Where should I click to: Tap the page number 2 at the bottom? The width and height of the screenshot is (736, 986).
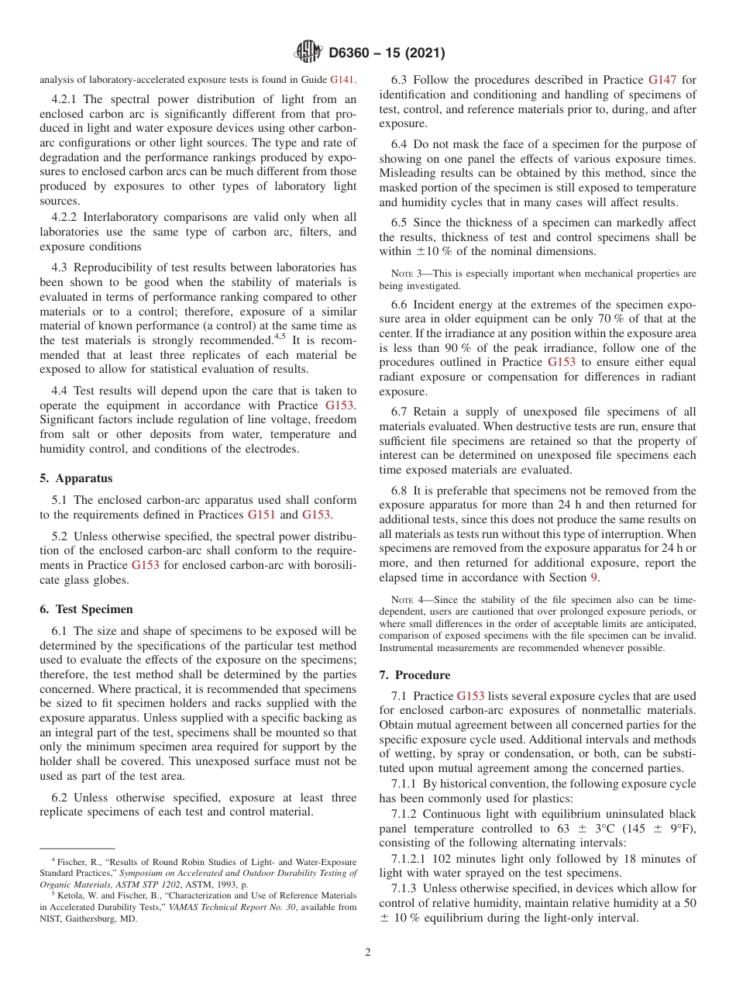[x=368, y=953]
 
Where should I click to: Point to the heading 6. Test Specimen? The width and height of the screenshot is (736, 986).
[x=86, y=608]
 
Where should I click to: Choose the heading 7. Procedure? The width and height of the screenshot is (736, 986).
[x=414, y=674]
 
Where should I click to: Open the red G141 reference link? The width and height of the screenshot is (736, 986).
[x=342, y=79]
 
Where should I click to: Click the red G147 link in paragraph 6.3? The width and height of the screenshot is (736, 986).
[x=662, y=79]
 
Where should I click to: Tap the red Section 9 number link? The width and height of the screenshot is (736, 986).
[x=594, y=577]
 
